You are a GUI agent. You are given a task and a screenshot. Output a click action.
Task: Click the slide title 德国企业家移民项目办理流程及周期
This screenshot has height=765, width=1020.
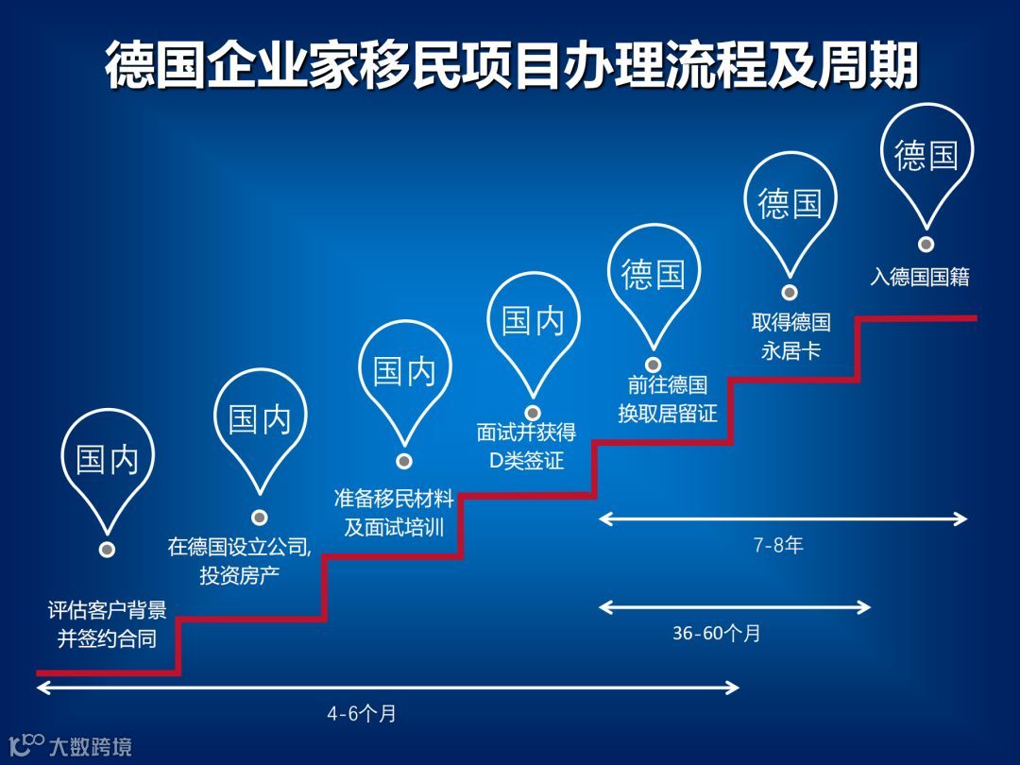(x=511, y=65)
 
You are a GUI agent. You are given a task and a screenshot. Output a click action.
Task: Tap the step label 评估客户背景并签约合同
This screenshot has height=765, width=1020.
(x=107, y=624)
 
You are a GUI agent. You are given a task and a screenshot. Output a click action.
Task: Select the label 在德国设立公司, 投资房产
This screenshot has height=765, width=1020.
(x=239, y=560)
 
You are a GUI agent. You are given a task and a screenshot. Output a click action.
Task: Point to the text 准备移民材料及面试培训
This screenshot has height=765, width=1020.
(x=394, y=512)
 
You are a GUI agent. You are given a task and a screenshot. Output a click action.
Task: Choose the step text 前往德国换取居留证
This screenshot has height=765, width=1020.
(x=668, y=399)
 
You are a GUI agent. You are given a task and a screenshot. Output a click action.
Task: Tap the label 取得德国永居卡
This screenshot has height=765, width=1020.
(x=790, y=337)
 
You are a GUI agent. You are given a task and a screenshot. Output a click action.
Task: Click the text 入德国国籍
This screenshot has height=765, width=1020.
(x=919, y=278)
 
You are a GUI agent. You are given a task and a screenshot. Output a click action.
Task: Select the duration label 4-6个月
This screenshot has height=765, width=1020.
(x=362, y=714)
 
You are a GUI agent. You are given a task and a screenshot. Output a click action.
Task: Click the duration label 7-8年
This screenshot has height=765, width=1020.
(x=778, y=546)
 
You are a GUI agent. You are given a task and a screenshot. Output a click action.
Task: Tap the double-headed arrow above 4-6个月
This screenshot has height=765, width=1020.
(x=387, y=688)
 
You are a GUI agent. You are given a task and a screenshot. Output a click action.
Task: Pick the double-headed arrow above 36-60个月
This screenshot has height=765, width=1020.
(x=735, y=606)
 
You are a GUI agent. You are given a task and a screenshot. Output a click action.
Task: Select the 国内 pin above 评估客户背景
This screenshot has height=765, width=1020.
(x=107, y=461)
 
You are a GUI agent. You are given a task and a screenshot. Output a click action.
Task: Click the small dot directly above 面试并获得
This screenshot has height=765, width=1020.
(x=533, y=413)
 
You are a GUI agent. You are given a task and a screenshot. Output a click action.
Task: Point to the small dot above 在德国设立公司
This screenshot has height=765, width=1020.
(x=260, y=518)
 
